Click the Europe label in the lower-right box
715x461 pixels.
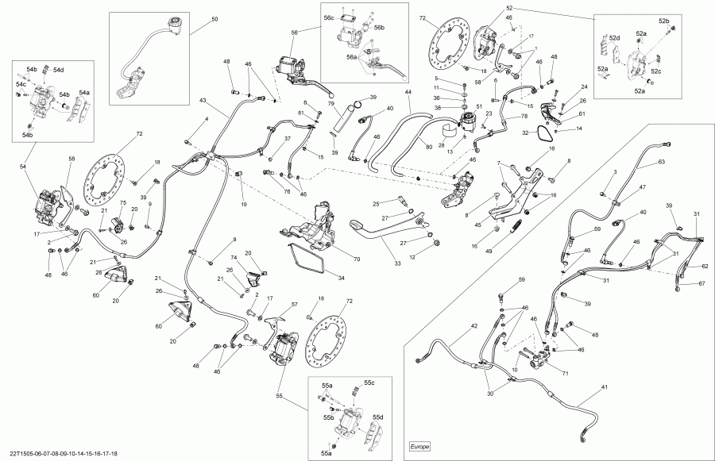point(421,447)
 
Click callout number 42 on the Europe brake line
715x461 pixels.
point(473,326)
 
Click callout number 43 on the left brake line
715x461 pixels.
point(202,101)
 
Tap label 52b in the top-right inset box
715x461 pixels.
point(663,20)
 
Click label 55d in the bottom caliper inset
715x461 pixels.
point(378,417)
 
